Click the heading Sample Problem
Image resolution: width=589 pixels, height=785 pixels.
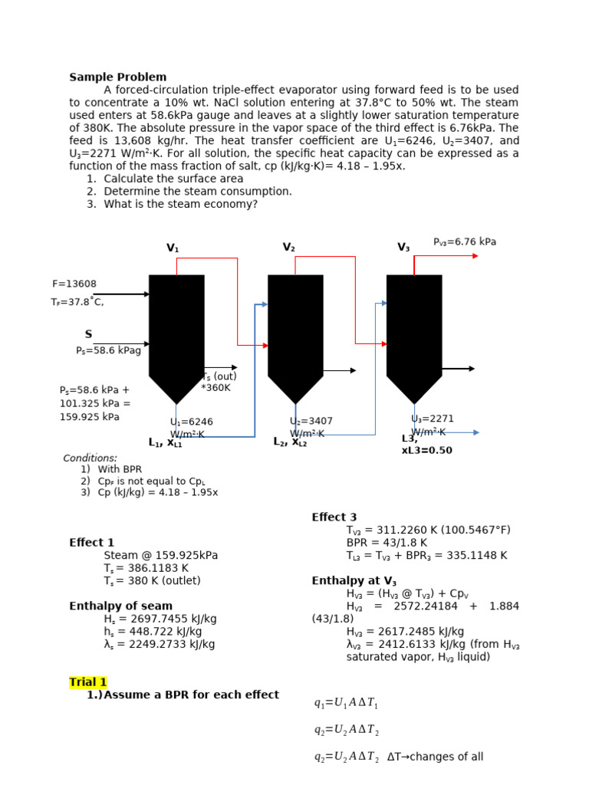click(x=117, y=77)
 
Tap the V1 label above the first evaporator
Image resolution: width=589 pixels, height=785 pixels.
click(x=173, y=248)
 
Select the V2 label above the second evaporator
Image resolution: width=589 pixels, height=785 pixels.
click(x=288, y=248)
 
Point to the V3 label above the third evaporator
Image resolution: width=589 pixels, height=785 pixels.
click(x=403, y=248)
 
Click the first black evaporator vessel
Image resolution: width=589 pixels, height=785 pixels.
click(x=176, y=330)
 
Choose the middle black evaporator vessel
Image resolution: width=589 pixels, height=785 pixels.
click(x=295, y=330)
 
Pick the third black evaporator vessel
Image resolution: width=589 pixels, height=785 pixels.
click(x=414, y=330)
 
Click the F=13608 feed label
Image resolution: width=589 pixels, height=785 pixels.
click(x=74, y=284)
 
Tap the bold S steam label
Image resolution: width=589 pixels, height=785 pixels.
click(x=88, y=334)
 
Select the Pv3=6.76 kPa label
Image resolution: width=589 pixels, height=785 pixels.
click(x=465, y=241)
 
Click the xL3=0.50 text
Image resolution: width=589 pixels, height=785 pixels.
click(x=426, y=451)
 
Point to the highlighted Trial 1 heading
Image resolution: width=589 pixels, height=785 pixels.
click(x=88, y=682)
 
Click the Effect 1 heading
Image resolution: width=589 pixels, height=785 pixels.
click(x=91, y=543)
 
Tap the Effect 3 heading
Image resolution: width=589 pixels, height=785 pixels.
click(x=334, y=517)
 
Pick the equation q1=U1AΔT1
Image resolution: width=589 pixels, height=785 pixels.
click(x=346, y=704)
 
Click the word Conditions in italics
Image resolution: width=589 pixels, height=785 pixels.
click(x=90, y=458)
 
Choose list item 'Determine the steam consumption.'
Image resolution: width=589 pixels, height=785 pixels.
click(x=198, y=192)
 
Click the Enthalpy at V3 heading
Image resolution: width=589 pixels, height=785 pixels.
click(x=354, y=581)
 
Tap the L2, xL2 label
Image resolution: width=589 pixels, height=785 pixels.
click(x=290, y=442)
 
